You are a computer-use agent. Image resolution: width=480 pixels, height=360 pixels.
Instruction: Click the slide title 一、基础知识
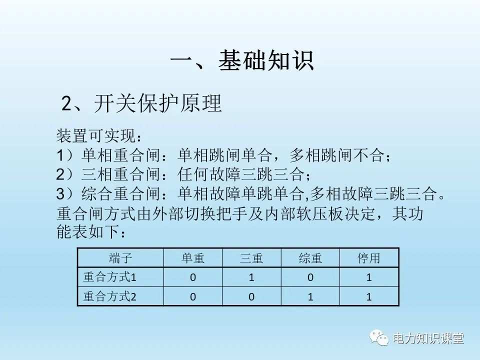(x=242, y=60)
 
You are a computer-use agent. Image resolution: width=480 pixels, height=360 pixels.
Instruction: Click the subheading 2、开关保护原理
(x=141, y=103)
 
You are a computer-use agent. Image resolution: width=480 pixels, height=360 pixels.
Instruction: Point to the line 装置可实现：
(x=99, y=135)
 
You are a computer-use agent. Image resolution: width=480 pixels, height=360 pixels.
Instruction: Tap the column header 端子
(x=120, y=258)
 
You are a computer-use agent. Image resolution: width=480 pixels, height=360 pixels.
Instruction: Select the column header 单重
(x=193, y=258)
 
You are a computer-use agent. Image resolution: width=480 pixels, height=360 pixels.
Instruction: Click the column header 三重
(x=251, y=258)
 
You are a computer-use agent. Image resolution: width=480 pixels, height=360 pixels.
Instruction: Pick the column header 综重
(x=310, y=258)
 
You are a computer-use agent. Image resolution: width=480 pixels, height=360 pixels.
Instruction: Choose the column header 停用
(x=369, y=258)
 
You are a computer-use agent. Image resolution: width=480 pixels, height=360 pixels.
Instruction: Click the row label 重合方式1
(x=110, y=277)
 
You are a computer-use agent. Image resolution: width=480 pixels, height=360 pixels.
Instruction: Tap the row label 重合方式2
(x=110, y=296)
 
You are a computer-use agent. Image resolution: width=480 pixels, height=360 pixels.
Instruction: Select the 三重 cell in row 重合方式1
(x=251, y=277)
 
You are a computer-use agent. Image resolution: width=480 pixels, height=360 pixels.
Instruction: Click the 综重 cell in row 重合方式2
(x=310, y=297)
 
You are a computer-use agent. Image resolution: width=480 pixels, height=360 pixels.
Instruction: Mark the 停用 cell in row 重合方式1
(x=369, y=277)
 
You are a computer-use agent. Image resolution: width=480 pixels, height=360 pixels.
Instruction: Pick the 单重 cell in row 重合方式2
(x=193, y=297)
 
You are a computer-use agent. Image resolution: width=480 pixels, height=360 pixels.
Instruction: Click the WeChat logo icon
(x=379, y=338)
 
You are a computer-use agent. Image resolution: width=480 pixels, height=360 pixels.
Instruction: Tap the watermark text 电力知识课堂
(x=428, y=338)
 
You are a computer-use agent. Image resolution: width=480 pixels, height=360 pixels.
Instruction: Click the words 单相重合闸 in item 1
(x=121, y=155)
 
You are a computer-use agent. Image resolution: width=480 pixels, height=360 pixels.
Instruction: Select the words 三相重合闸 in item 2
(x=121, y=174)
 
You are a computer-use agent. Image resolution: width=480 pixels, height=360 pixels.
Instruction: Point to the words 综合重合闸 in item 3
(x=121, y=193)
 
